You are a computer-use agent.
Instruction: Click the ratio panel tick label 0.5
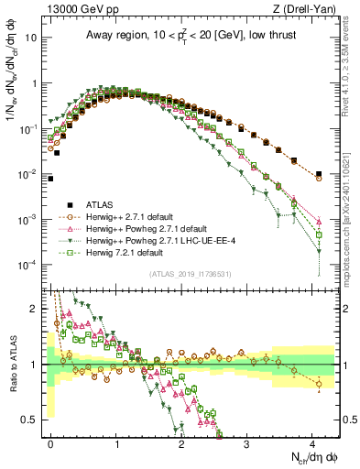click(x=35, y=420)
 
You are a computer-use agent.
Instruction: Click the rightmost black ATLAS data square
click(x=319, y=173)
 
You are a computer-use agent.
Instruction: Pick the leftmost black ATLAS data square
click(x=51, y=179)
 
